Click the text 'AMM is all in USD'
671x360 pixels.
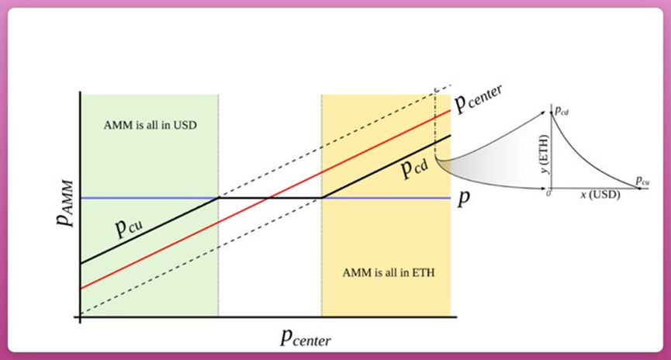(x=150, y=126)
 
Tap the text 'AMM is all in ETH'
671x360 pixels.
(x=389, y=272)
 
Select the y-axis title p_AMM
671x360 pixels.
(x=65, y=203)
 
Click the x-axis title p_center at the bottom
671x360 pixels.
(x=306, y=337)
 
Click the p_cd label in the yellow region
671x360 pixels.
(x=415, y=168)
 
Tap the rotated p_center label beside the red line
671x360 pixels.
(x=478, y=98)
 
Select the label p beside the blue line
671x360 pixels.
(x=464, y=198)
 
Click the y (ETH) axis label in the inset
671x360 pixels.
(x=545, y=154)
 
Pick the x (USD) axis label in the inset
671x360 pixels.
(x=600, y=195)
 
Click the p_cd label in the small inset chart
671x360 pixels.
(x=562, y=111)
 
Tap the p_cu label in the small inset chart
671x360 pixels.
(x=642, y=181)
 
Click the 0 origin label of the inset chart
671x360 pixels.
(x=548, y=193)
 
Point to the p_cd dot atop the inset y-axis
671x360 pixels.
(x=552, y=112)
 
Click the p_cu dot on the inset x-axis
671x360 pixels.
(x=640, y=189)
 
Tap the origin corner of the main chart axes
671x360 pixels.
(x=80, y=317)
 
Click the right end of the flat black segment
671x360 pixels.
(x=322, y=198)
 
